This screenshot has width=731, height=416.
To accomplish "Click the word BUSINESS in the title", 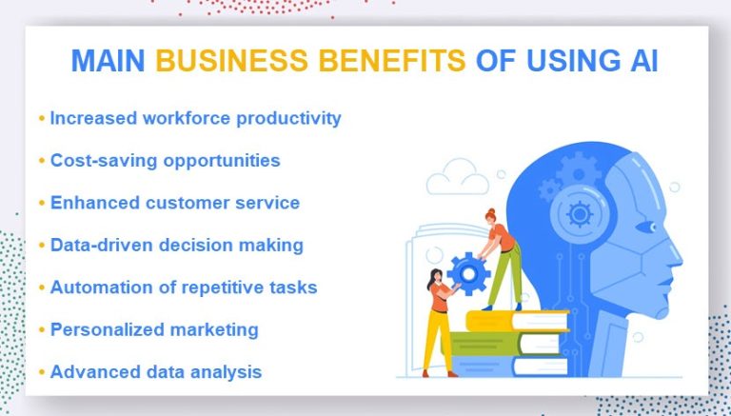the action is pyautogui.click(x=231, y=61).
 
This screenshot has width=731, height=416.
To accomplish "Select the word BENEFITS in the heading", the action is pyautogui.click(x=392, y=61).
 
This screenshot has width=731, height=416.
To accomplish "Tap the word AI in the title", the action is pyautogui.click(x=643, y=61).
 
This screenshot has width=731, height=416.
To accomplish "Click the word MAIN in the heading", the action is pyautogui.click(x=108, y=61).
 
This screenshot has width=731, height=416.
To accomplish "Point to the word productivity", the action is pyautogui.click(x=288, y=119).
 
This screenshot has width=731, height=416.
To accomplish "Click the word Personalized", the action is pyautogui.click(x=107, y=329).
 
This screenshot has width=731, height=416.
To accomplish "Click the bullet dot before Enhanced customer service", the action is pyautogui.click(x=42, y=204).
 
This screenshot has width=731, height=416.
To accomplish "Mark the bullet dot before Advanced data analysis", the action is pyautogui.click(x=42, y=372).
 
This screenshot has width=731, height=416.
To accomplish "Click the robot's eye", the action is pyautogui.click(x=646, y=228).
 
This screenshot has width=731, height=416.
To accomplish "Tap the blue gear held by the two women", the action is pyautogui.click(x=469, y=273).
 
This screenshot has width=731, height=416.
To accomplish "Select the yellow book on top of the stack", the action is pyautogui.click(x=518, y=321).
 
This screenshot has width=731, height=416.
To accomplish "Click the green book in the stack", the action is pyautogui.click(x=503, y=344).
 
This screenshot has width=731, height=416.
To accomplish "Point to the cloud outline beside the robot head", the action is pyautogui.click(x=458, y=177).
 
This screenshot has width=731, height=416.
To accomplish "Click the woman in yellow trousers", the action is pyautogui.click(x=439, y=323).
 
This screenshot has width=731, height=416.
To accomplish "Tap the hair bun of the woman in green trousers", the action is pyautogui.click(x=490, y=212).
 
